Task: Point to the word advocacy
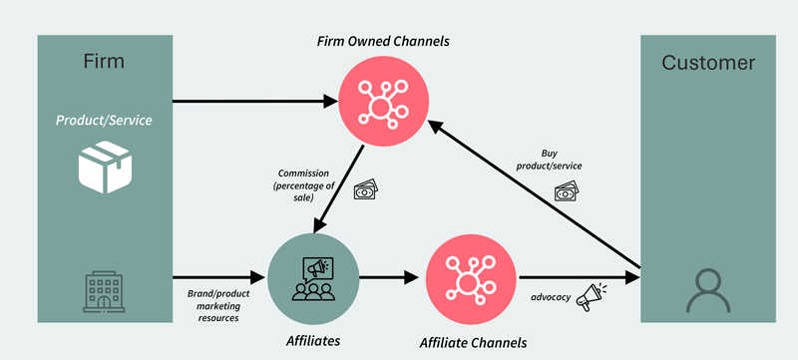pos(551,296)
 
